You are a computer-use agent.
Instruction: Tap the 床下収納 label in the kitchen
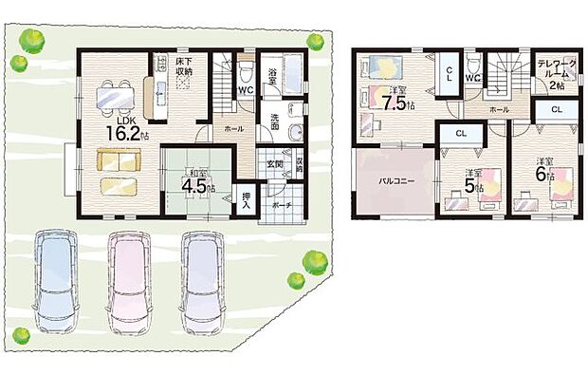pos(185,67)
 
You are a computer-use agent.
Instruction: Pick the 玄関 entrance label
pos(272,165)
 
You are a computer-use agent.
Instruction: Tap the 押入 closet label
pos(247,199)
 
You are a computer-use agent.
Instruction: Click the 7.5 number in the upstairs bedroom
pos(396,103)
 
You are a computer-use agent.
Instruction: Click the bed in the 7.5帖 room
pos(385,68)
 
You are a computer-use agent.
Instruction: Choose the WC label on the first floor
pos(245,91)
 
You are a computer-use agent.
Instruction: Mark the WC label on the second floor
pos(472,77)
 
